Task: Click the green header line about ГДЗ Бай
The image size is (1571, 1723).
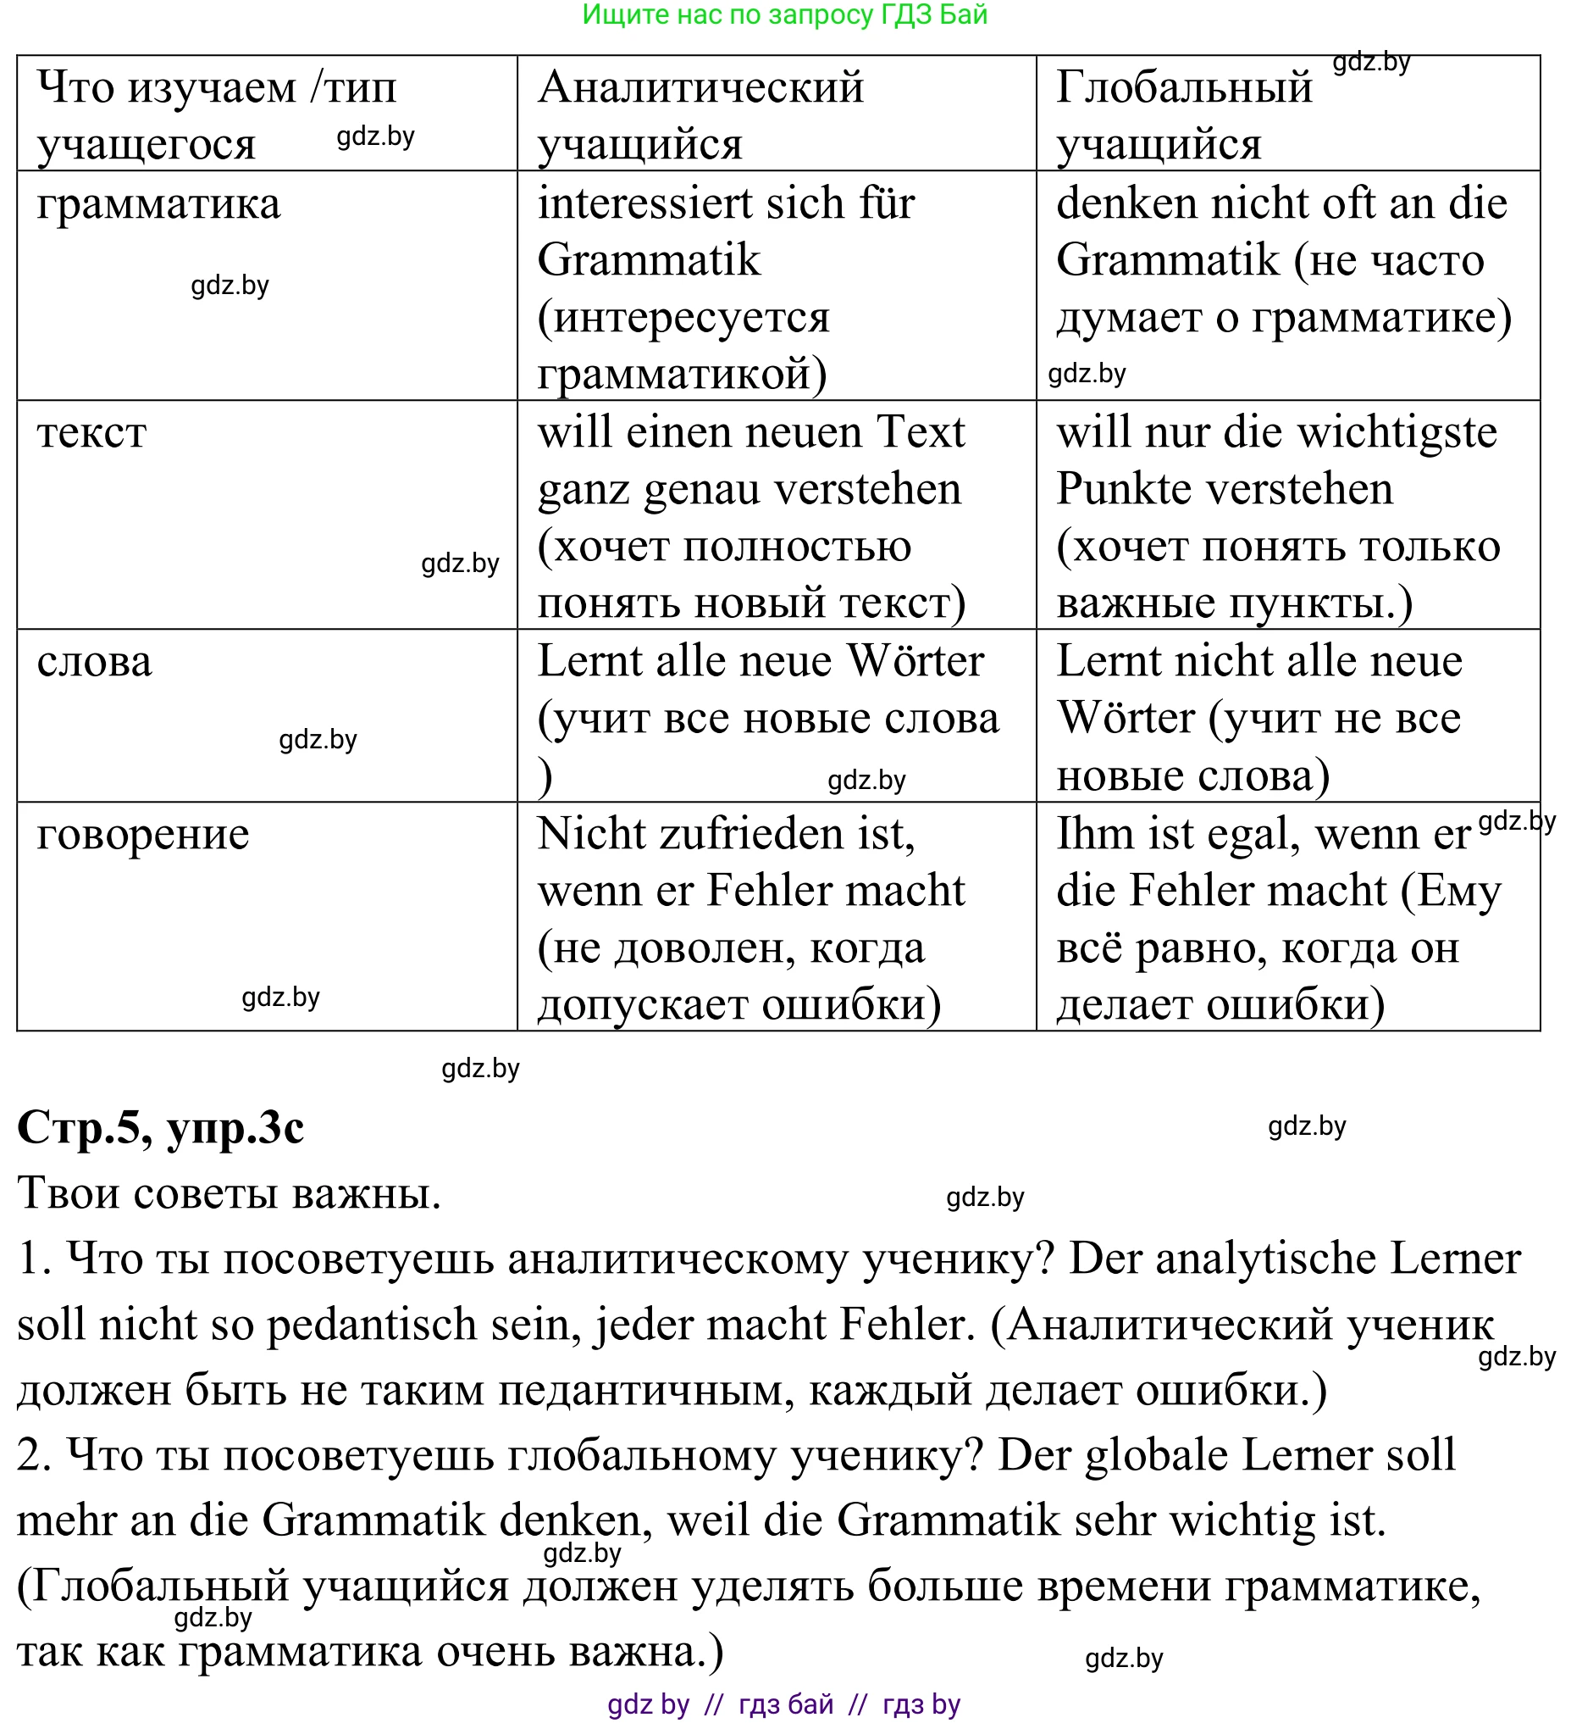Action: (784, 14)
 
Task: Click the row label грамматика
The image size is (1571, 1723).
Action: (159, 204)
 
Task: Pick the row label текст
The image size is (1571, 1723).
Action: (92, 432)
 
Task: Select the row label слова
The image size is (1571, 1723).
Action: (95, 662)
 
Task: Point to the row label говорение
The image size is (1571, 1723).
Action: (143, 834)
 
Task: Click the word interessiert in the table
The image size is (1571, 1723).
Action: (630, 204)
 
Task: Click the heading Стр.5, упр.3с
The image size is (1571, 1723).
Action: (161, 1128)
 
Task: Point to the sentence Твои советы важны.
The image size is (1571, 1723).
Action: (229, 1193)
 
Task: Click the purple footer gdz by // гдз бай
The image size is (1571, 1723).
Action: (784, 1705)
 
